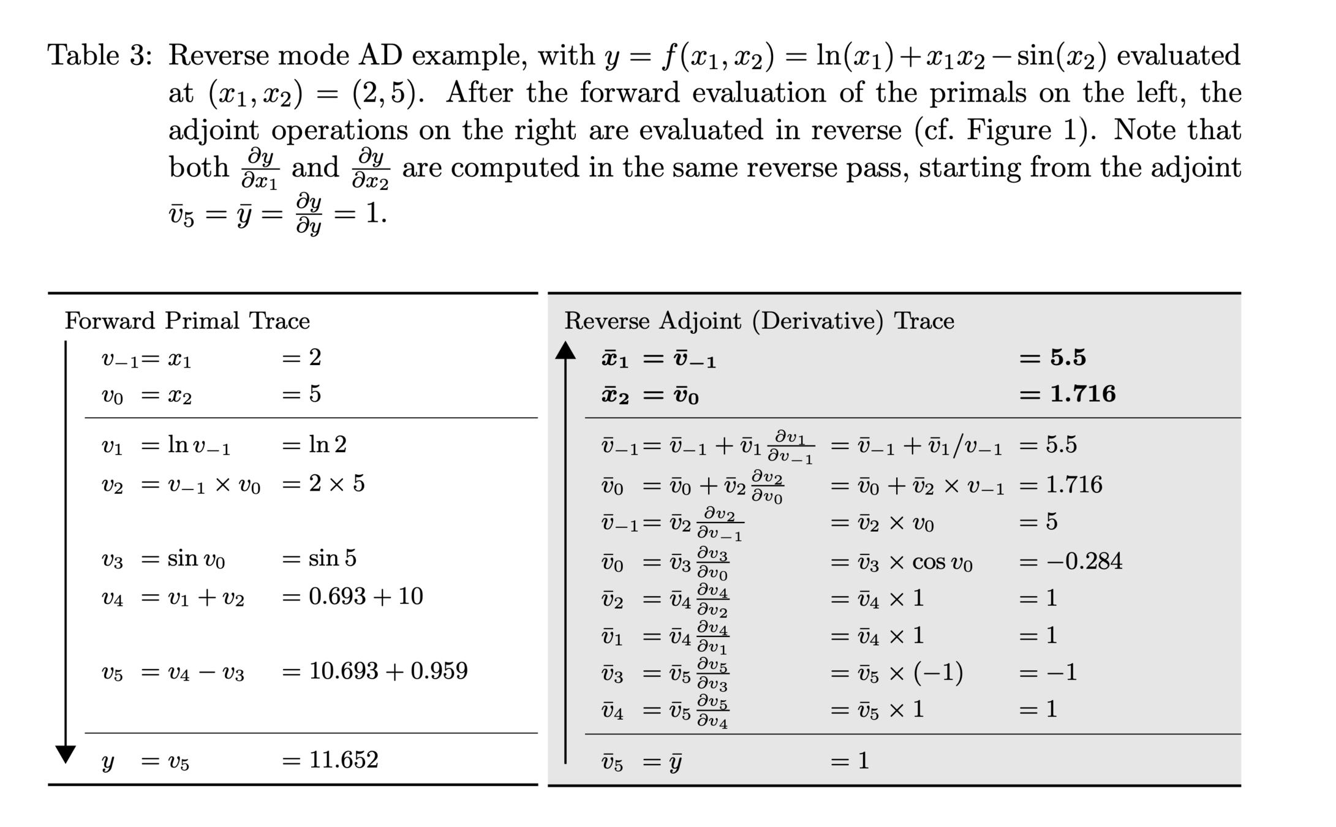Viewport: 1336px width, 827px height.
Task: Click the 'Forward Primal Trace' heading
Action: coord(187,320)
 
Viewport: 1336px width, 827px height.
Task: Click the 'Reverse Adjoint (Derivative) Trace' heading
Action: coord(759,320)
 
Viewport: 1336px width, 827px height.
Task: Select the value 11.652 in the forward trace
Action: coord(344,760)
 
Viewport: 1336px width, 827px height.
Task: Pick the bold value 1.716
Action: coord(1082,394)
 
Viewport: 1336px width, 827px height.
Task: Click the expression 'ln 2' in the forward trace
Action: coord(328,444)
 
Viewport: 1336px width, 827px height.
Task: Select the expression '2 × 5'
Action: coord(336,484)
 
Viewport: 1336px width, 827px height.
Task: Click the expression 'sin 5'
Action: coord(332,558)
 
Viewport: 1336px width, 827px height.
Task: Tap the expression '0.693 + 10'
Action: coord(366,596)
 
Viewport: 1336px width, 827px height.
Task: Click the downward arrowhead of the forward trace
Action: coord(66,754)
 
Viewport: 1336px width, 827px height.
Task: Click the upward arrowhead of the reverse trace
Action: coord(565,350)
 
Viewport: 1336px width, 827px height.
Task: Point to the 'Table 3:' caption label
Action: coord(100,56)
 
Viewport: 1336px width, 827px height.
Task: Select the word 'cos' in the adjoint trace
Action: coord(928,562)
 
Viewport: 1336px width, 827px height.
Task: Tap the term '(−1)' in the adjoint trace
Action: coord(938,673)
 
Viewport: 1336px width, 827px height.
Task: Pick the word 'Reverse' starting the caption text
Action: coord(217,56)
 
